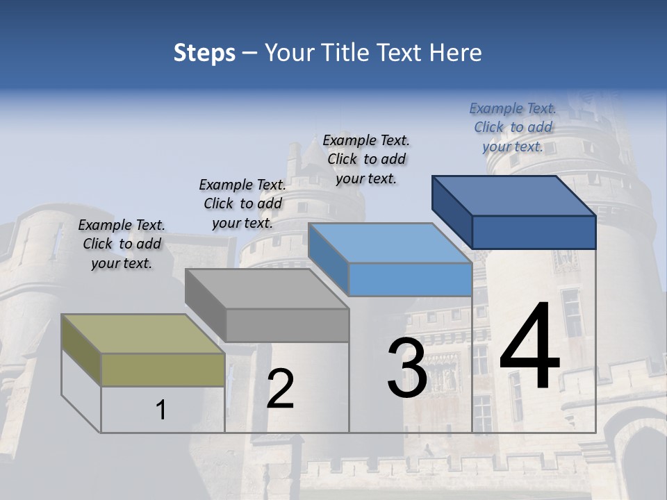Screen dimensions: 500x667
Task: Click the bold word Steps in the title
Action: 204,53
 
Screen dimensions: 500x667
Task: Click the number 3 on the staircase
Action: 407,368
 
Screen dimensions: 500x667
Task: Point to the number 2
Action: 280,389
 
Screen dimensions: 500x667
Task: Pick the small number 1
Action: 161,410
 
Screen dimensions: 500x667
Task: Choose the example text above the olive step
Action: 122,244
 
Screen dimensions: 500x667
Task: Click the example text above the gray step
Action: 242,204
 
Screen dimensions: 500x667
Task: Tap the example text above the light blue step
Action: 366,160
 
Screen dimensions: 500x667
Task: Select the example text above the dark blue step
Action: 513,128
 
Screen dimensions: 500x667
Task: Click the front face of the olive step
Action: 163,369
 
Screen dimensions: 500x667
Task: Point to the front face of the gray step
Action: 287,325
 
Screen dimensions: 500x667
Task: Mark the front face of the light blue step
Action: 410,280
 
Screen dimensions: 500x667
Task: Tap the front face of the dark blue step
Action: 534,232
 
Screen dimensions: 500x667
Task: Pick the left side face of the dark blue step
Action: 452,212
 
